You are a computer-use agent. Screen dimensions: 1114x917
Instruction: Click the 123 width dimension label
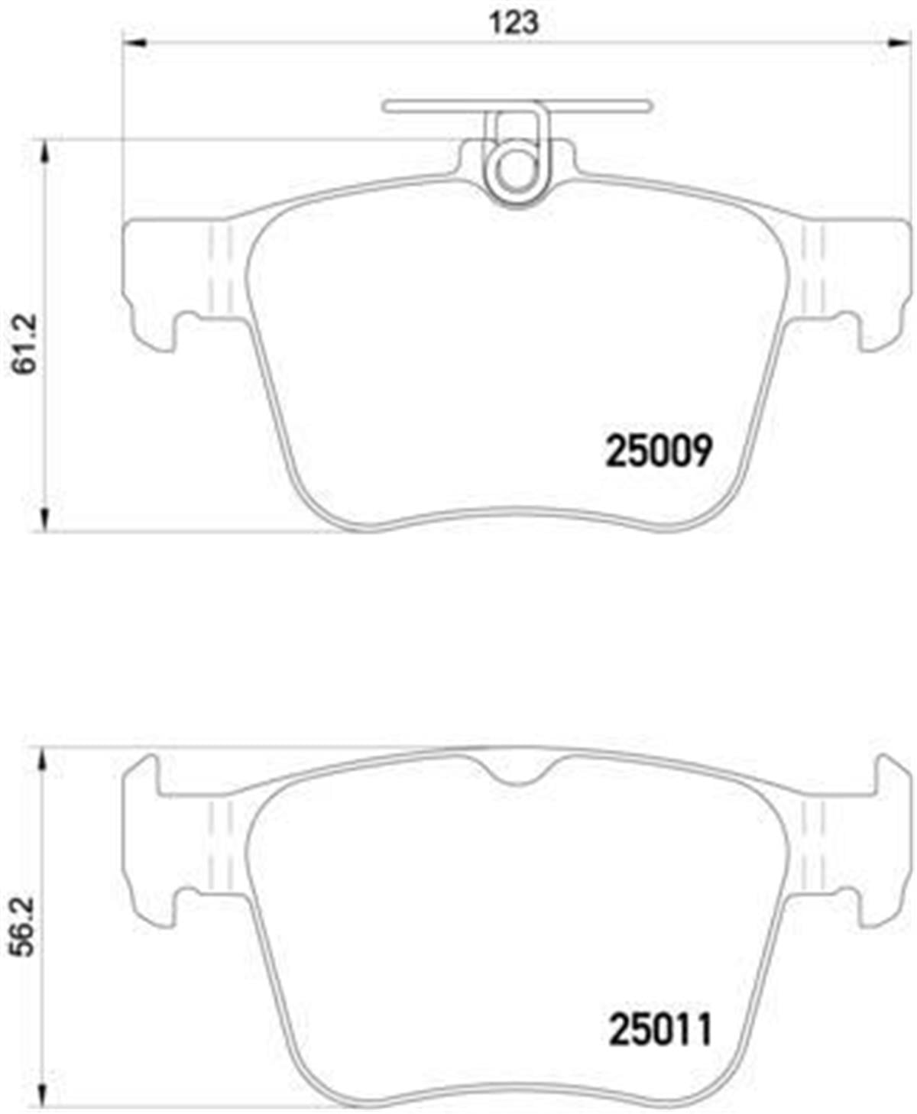pyautogui.click(x=514, y=22)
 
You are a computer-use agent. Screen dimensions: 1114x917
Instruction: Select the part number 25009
pyautogui.click(x=658, y=452)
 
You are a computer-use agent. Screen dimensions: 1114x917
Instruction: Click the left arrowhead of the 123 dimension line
pyautogui.click(x=134, y=44)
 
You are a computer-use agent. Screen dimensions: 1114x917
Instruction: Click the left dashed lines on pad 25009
pyautogui.click(x=219, y=271)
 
